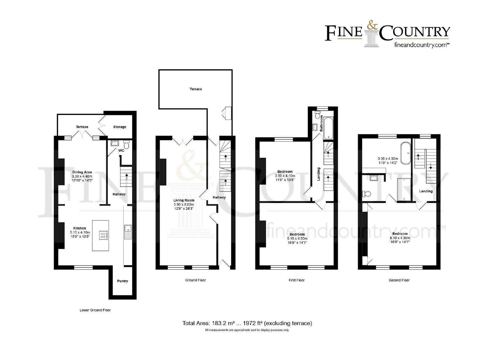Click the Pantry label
pyautogui.click(x=122, y=281)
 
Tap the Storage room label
pyautogui.click(x=120, y=127)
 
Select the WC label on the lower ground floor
pyautogui.click(x=121, y=150)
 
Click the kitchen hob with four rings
pyautogui.click(x=103, y=235)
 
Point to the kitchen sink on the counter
pyautogui.click(x=128, y=232)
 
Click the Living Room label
pyautogui.click(x=184, y=200)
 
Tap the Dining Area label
pyautogui.click(x=82, y=172)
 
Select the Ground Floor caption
pyautogui.click(x=196, y=280)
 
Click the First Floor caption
pyautogui.click(x=296, y=280)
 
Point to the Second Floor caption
pyautogui.click(x=399, y=280)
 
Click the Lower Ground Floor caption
pyautogui.click(x=95, y=310)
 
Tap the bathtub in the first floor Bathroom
pyautogui.click(x=328, y=128)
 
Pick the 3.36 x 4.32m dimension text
pyautogui.click(x=388, y=159)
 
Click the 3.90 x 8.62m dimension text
pyautogui.click(x=184, y=204)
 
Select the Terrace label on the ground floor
pyautogui.click(x=196, y=89)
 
